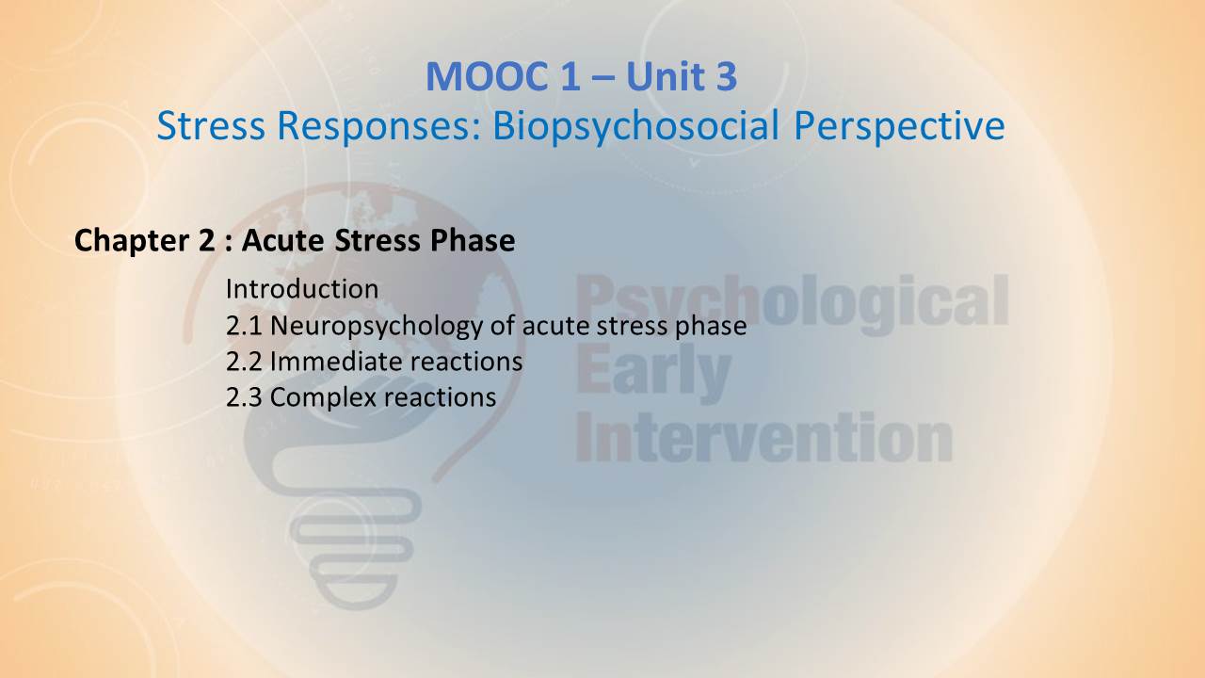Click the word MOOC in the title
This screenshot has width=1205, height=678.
tap(488, 76)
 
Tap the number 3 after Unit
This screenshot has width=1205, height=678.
tap(726, 76)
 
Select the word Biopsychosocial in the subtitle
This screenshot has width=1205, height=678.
tap(635, 127)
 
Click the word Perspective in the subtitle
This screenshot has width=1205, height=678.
tap(899, 127)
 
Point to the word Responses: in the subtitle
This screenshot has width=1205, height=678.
tap(378, 125)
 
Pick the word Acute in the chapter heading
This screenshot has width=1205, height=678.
tap(283, 240)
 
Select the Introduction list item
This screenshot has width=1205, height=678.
tap(302, 289)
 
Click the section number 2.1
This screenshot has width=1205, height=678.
tap(244, 326)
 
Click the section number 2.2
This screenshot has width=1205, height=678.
tap(244, 362)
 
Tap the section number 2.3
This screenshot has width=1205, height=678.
tap(244, 397)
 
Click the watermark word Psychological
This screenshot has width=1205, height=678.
tap(793, 303)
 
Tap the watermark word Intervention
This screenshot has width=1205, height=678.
tap(763, 436)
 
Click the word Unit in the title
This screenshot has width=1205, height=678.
tap(666, 76)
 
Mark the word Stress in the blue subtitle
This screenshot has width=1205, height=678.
tap(211, 125)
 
